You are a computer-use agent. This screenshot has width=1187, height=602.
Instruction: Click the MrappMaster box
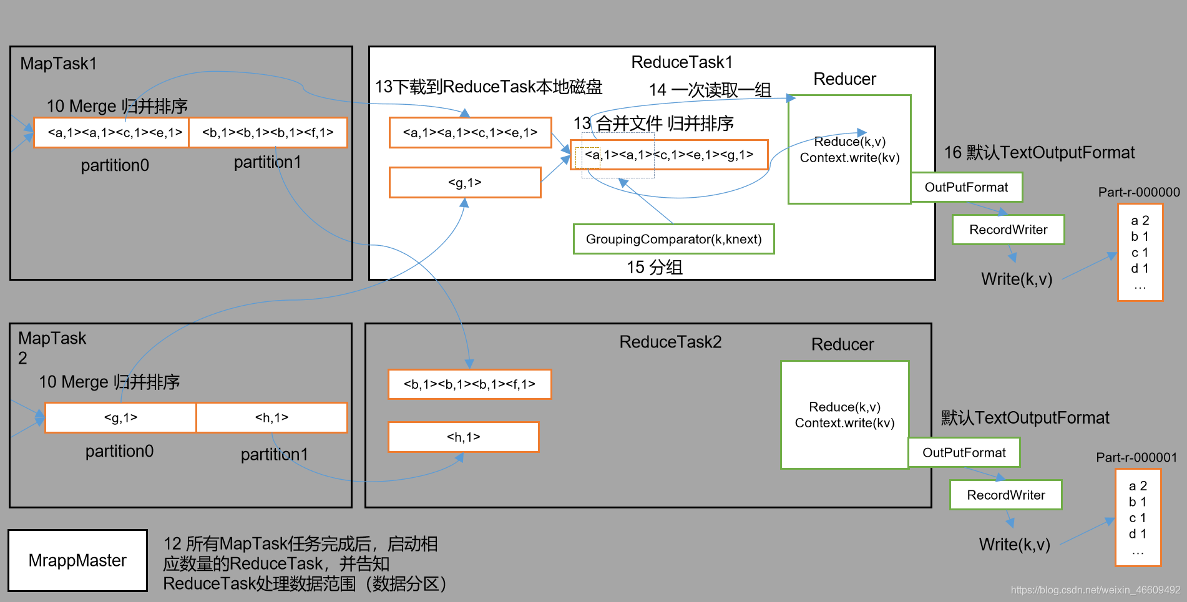[77, 560]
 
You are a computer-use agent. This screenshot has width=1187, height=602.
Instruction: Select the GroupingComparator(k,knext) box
[673, 239]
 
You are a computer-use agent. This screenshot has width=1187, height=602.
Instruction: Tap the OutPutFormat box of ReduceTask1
[966, 187]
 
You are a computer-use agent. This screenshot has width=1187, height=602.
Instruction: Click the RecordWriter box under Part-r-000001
[1005, 495]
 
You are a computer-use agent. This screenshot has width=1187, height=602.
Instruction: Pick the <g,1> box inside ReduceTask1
[464, 182]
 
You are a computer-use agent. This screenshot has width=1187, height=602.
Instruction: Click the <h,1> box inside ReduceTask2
[463, 437]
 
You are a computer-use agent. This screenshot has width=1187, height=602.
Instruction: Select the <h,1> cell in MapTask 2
[271, 417]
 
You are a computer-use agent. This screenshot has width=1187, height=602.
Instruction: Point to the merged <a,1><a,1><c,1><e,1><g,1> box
[669, 155]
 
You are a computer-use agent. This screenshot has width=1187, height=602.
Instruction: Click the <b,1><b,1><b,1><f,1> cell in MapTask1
[268, 132]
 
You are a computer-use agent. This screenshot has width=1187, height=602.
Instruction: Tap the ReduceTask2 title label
[670, 342]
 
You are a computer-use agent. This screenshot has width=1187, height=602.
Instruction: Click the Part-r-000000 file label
[1139, 192]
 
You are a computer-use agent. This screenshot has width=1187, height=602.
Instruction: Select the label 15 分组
[655, 268]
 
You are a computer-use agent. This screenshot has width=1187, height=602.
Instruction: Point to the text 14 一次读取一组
[710, 90]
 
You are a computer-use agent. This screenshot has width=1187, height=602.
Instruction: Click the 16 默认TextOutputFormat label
[1039, 153]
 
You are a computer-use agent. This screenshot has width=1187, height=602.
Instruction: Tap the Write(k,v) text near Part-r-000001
[1014, 545]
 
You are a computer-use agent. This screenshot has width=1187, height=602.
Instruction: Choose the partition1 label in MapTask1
[267, 163]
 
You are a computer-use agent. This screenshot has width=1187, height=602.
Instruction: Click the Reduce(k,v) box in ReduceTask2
[844, 415]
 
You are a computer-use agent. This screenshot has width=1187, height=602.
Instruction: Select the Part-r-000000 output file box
[1140, 253]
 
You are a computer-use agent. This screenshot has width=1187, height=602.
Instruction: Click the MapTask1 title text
[58, 64]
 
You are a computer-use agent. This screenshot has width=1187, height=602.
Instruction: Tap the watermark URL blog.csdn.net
[1095, 590]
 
